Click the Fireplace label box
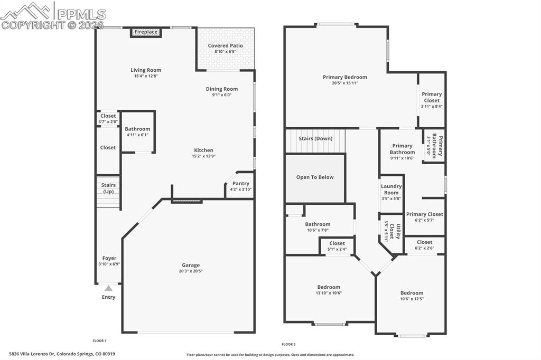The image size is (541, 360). point(146,32)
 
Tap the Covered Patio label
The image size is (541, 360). point(225,46)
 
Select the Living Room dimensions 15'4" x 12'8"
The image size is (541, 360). point(146,76)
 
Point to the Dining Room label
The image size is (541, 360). point(222,89)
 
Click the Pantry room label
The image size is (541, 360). point(241,184)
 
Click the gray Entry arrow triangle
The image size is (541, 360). point(108,288)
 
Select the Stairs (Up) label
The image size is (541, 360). point(108,188)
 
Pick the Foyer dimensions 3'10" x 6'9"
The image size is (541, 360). point(109,264)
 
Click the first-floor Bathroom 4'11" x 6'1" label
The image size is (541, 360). point(137,129)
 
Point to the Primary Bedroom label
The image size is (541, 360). point(345,77)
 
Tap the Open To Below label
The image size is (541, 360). point(315,177)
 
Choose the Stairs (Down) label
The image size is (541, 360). point(315,139)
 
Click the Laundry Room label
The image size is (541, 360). point(391,190)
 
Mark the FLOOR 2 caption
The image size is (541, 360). point(288,344)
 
